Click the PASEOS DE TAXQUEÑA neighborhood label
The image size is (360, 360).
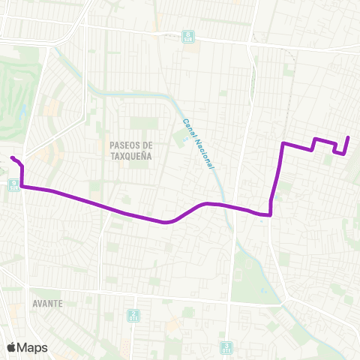pyautogui.click(x=130, y=151)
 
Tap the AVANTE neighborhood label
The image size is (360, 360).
pyautogui.click(x=47, y=304)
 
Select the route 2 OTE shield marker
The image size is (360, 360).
pyautogui.click(x=133, y=316)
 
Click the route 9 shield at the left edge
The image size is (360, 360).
pyautogui.click(x=14, y=184)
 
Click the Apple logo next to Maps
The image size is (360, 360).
pyautogui.click(x=12, y=347)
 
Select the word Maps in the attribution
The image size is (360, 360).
pyautogui.click(x=33, y=347)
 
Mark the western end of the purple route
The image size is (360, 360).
pyautogui.click(x=12, y=157)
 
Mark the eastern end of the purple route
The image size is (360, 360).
pyautogui.click(x=349, y=137)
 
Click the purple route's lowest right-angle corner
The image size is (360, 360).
pyautogui.click(x=269, y=214)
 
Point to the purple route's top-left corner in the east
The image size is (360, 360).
pyautogui.click(x=283, y=142)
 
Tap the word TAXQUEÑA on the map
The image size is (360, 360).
pyautogui.click(x=130, y=157)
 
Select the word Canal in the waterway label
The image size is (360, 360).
pyautogui.click(x=186, y=128)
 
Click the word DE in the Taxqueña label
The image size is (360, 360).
pyautogui.click(x=147, y=145)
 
